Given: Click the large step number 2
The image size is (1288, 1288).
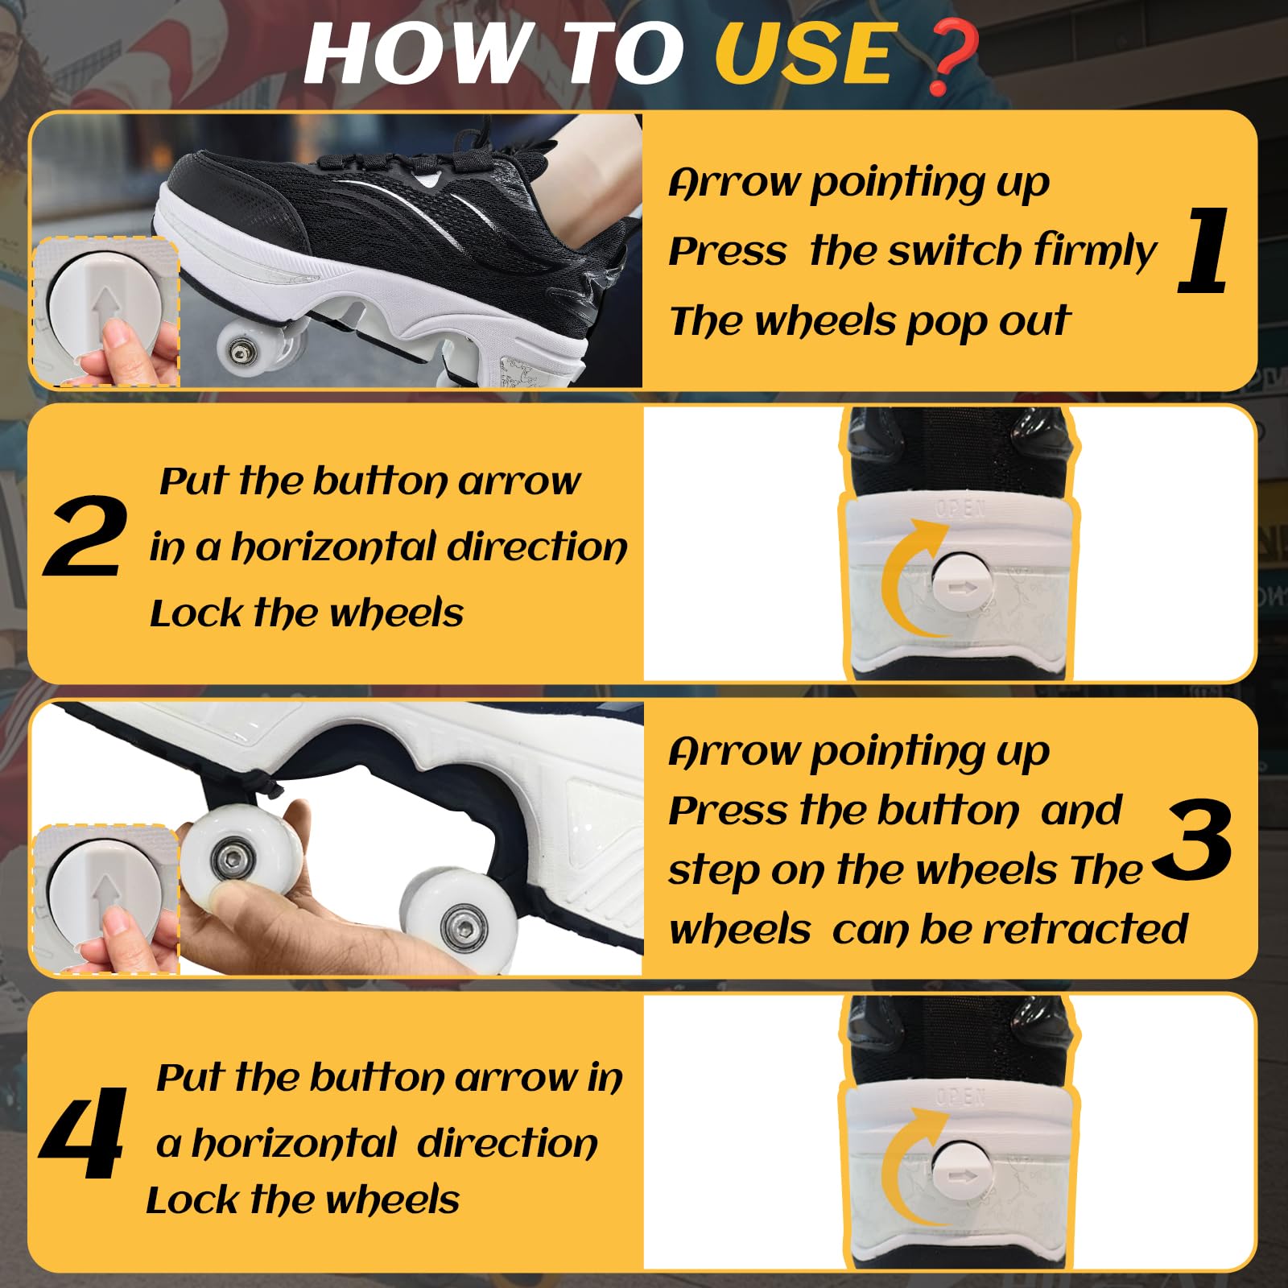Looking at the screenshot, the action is (x=85, y=537).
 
